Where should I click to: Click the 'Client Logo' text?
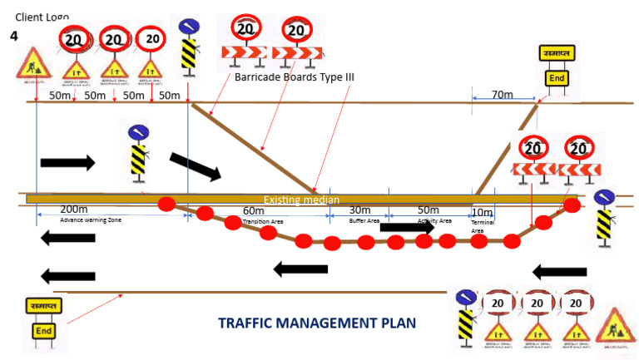tap(42, 17)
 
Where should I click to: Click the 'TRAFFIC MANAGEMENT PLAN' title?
tap(316, 323)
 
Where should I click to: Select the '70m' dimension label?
tap(502, 96)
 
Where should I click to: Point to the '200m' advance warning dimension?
tap(74, 210)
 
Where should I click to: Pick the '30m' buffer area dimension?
tap(359, 210)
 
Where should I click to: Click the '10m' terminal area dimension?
tap(482, 212)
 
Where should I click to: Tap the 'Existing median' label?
tap(301, 200)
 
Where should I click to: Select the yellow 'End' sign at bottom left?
tap(43, 330)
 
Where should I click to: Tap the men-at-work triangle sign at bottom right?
tap(615, 326)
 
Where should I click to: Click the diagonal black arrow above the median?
tap(195, 165)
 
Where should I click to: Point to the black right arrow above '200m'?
tap(67, 162)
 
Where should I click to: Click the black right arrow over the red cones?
tap(407, 227)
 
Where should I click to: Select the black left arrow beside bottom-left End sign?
tap(67, 277)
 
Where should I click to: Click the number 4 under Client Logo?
tap(13, 37)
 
